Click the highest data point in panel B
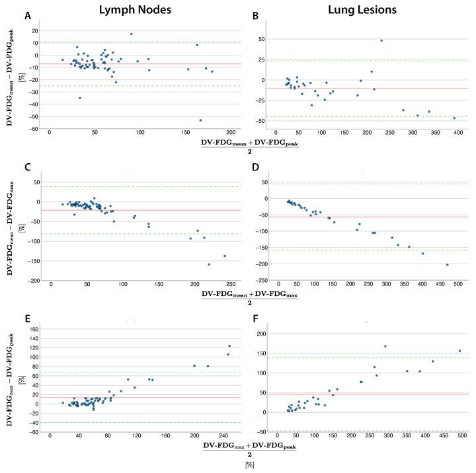(x=381, y=40)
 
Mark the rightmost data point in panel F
(x=459, y=351)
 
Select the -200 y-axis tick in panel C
(x=30, y=281)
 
